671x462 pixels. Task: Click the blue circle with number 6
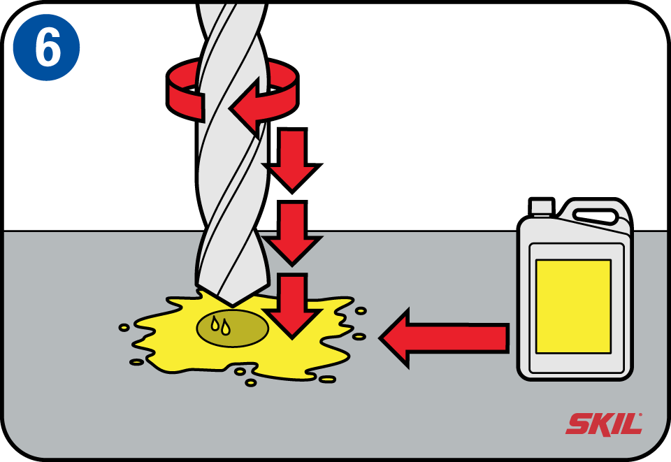(46, 47)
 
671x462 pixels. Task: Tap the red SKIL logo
(604, 424)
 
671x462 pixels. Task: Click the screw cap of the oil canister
(541, 205)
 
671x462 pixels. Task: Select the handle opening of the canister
(596, 215)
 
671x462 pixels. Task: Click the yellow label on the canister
(573, 306)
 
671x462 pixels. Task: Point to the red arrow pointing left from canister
(444, 338)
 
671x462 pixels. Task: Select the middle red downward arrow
(292, 233)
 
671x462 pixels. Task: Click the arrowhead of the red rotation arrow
(245, 107)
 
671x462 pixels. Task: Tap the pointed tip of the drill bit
(232, 306)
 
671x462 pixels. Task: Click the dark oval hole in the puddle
(232, 328)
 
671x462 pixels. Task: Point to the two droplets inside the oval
(221, 326)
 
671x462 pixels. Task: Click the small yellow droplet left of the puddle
(124, 328)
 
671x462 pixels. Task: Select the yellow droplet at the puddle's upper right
(361, 310)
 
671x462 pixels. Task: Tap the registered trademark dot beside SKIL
(641, 414)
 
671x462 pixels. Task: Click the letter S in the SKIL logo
(579, 424)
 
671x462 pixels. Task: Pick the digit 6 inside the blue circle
(48, 47)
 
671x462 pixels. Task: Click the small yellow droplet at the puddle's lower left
(137, 362)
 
